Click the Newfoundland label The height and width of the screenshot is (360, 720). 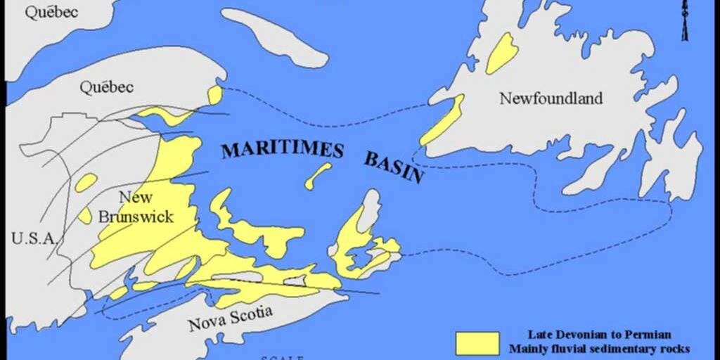click(551, 98)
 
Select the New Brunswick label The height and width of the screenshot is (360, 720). click(136, 207)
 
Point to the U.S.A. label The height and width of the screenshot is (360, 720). click(33, 238)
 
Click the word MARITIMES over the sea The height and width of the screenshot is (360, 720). click(282, 149)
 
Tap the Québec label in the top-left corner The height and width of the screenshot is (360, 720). click(51, 12)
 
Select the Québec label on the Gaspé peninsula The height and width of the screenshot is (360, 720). click(106, 87)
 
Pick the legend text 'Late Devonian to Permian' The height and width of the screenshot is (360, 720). click(599, 334)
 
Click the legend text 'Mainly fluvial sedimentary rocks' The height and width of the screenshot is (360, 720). click(599, 348)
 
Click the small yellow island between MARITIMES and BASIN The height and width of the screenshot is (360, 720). click(318, 176)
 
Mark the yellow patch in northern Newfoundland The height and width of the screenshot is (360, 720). click(502, 53)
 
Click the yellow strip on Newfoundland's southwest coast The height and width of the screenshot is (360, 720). click(443, 121)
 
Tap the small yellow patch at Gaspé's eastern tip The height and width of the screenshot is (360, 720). click(215, 95)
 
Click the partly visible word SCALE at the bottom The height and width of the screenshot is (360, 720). click(281, 357)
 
